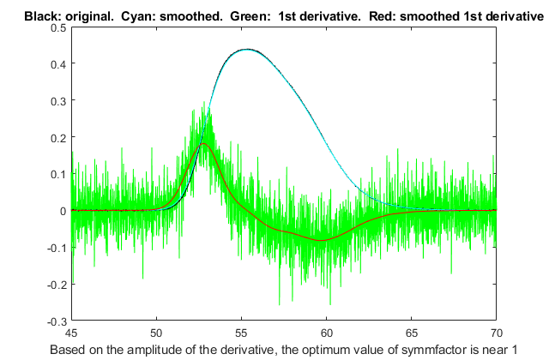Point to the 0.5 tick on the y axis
pyautogui.click(x=57, y=27)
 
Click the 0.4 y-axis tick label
pyautogui.click(x=57, y=64)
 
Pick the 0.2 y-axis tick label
pyautogui.click(x=57, y=137)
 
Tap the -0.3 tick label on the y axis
pyautogui.click(x=56, y=321)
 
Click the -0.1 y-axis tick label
pyautogui.click(x=56, y=248)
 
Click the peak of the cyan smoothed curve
pyautogui.click(x=247, y=50)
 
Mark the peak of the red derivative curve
pyautogui.click(x=203, y=144)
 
